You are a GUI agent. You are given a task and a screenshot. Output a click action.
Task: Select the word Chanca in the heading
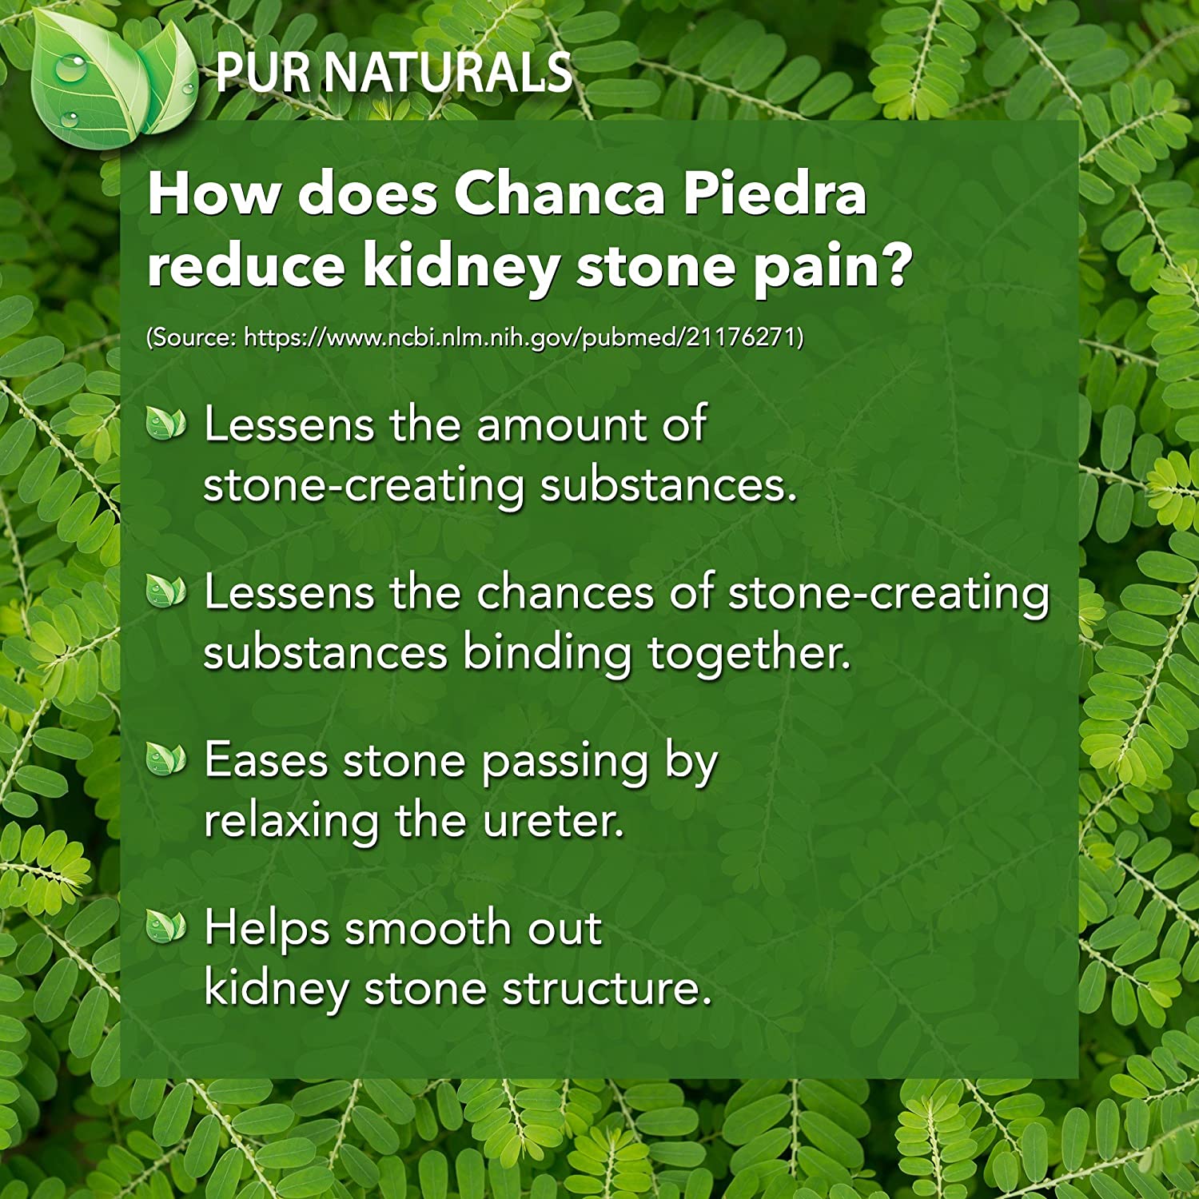[x=560, y=193]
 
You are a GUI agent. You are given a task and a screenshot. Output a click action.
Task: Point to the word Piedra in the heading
[x=775, y=193]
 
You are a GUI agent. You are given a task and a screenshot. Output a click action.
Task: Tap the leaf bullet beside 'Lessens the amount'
[x=166, y=423]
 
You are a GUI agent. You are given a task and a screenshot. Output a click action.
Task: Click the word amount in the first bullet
[x=562, y=424]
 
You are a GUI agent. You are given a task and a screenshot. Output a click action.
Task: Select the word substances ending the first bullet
[x=668, y=485]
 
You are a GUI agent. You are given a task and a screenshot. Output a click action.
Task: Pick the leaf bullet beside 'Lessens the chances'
[x=166, y=592]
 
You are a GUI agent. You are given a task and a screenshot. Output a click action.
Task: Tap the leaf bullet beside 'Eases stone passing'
[x=166, y=759]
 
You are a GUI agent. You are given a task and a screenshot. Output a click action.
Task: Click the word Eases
[x=266, y=760]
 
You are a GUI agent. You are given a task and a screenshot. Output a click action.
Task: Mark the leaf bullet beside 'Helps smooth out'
[x=166, y=927]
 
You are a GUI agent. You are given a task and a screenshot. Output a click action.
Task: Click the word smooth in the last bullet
[x=428, y=928]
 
